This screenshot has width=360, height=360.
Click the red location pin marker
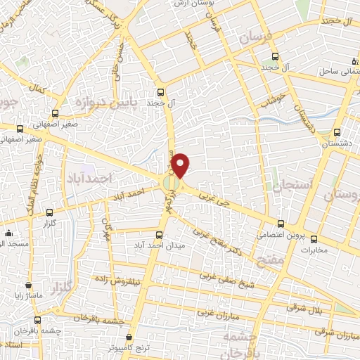(x=181, y=165)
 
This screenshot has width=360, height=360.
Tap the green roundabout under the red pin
(x=172, y=184)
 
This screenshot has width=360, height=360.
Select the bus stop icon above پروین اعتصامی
(x=281, y=224)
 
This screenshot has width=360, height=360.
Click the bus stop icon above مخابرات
(x=314, y=239)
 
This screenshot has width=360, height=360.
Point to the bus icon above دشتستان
(x=337, y=132)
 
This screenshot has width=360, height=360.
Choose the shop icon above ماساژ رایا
(x=28, y=286)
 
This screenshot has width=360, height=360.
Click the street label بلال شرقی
(x=304, y=307)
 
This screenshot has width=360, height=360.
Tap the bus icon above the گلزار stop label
(x=49, y=212)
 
